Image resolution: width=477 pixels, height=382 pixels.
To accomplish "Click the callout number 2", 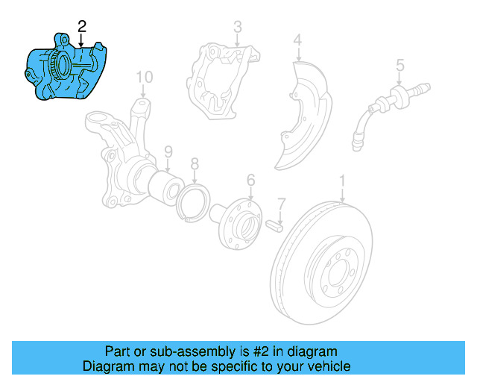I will pos(82,25).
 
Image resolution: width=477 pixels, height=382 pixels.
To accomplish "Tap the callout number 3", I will pos(237,28).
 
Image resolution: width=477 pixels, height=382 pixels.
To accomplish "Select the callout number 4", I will pos(297,40).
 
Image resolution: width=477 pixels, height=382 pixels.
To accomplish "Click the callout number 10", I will pos(144,77).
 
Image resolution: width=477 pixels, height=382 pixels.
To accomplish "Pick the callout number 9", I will pos(168,151).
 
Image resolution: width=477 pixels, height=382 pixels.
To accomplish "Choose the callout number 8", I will pos(195,163).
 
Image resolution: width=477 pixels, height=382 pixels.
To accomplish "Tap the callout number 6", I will pos(250,179).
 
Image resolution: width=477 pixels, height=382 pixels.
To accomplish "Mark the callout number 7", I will pos(281,203).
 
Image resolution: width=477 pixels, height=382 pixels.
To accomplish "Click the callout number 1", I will pos(343,181).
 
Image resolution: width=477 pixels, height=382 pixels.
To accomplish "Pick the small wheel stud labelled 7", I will pos(273,223).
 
